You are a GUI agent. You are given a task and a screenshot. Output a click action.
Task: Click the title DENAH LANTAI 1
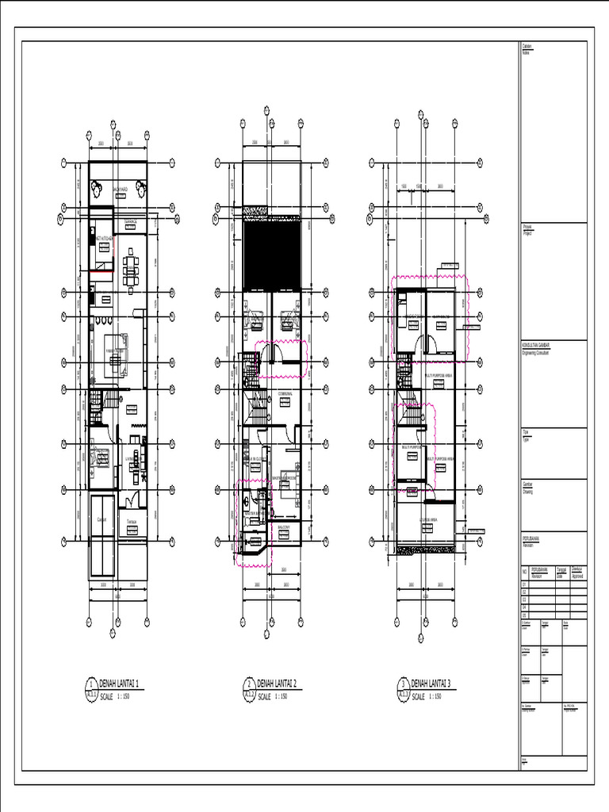click(x=120, y=684)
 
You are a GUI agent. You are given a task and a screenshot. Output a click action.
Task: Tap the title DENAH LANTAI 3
click(x=431, y=684)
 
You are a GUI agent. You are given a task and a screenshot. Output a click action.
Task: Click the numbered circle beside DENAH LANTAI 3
click(x=403, y=684)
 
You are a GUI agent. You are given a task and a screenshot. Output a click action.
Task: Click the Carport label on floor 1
click(x=101, y=519)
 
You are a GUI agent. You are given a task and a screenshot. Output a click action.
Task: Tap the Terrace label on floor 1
click(x=132, y=521)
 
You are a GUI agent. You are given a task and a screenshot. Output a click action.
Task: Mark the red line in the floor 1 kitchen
click(x=100, y=271)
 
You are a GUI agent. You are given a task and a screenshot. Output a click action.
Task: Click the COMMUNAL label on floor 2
click(x=285, y=393)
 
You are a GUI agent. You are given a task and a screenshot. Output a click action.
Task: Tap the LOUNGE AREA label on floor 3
click(x=430, y=520)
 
